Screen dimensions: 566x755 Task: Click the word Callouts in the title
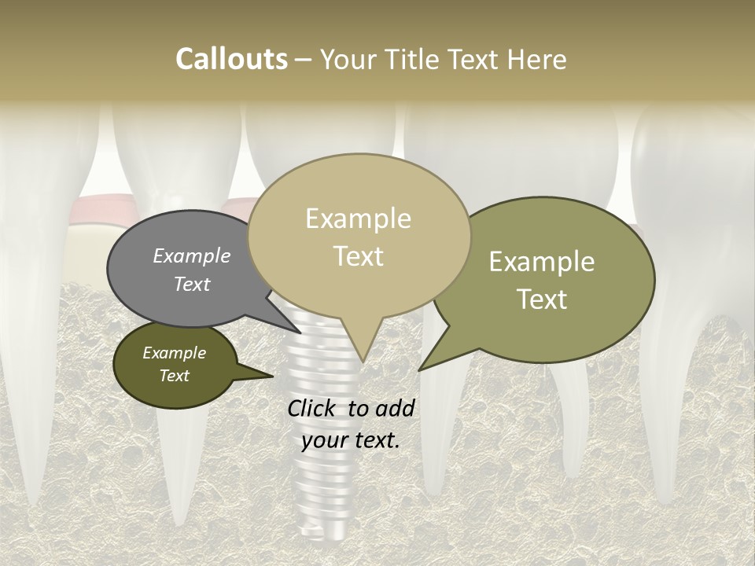tap(231, 59)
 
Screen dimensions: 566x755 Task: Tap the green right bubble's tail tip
tap(419, 369)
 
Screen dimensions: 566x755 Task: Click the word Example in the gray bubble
tap(191, 255)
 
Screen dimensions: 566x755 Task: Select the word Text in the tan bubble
tap(359, 256)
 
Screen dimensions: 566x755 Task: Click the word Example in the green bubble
tap(542, 262)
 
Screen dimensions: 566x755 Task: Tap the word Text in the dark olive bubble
tap(174, 376)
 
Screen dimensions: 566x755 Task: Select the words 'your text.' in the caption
tap(351, 440)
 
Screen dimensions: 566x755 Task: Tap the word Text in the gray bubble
tap(191, 284)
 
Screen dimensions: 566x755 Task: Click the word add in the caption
tap(395, 408)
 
